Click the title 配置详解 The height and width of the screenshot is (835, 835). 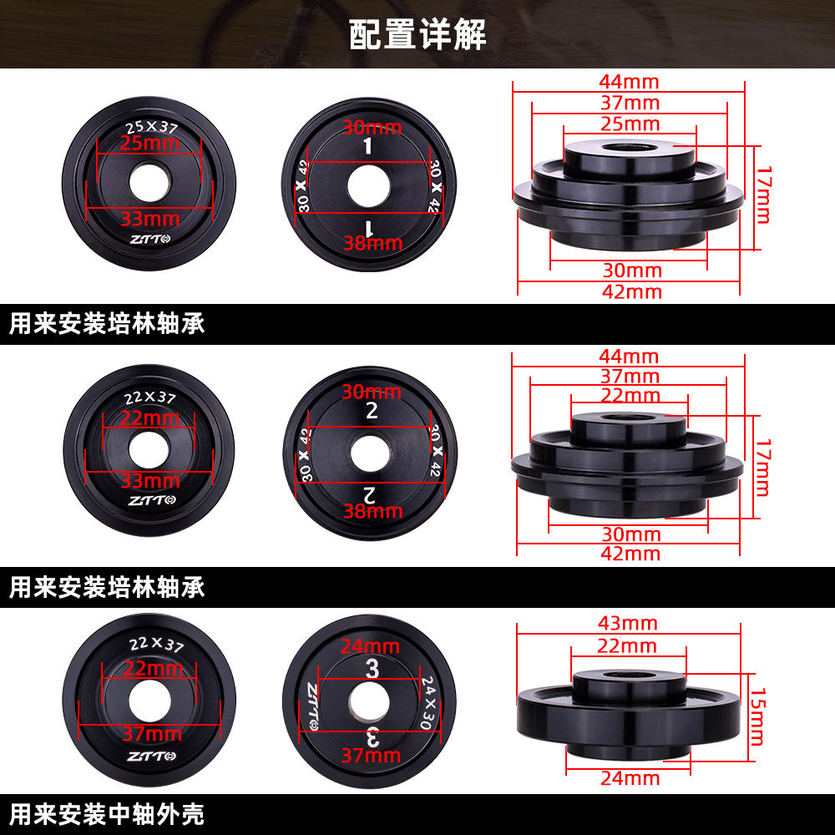pyautogui.click(x=417, y=35)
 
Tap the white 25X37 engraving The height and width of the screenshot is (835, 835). pyautogui.click(x=152, y=127)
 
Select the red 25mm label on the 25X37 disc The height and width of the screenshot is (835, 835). pyautogui.click(x=150, y=143)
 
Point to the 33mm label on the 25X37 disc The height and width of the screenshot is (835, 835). pyautogui.click(x=150, y=219)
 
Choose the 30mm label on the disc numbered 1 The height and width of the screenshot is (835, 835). pyautogui.click(x=372, y=128)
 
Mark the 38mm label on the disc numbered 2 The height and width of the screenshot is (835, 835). pyautogui.click(x=372, y=510)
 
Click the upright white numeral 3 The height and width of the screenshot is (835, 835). pyautogui.click(x=372, y=668)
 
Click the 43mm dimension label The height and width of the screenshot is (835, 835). pyautogui.click(x=628, y=624)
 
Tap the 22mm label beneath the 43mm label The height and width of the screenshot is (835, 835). pyautogui.click(x=628, y=645)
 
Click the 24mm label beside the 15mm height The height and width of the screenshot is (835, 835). pyautogui.click(x=630, y=778)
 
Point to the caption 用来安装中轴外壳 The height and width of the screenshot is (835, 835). pyautogui.click(x=107, y=813)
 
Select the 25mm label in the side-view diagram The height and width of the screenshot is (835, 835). pyautogui.click(x=629, y=124)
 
